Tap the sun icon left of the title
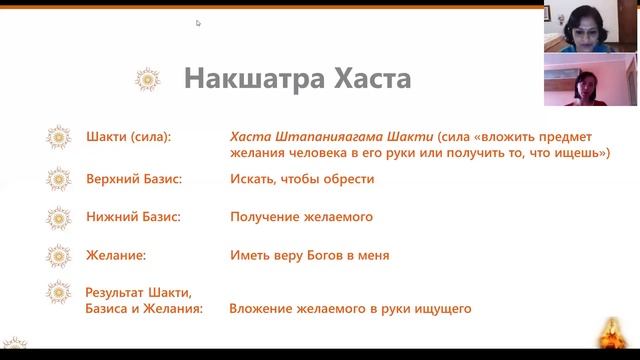click(x=148, y=78)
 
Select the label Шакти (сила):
click(x=129, y=135)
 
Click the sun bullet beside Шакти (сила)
click(x=60, y=135)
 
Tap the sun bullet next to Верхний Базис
click(x=60, y=179)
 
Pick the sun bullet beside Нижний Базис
click(x=60, y=217)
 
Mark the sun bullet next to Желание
click(x=60, y=255)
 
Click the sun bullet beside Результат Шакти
click(x=60, y=293)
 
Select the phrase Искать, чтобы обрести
click(x=302, y=179)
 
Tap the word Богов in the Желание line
click(x=325, y=255)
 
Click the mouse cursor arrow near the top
click(x=198, y=22)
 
